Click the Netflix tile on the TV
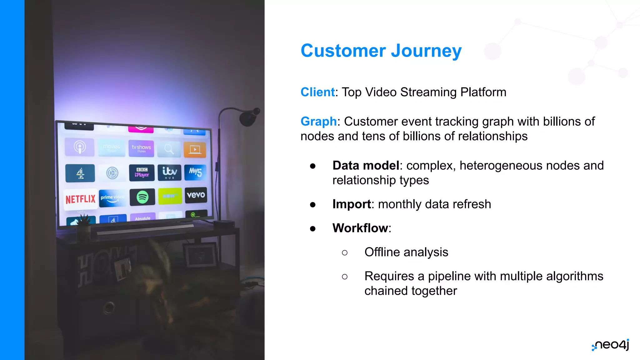(x=80, y=199)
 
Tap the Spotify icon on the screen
(x=142, y=197)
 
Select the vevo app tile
(x=196, y=195)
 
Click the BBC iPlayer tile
(x=142, y=172)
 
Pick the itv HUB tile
(x=169, y=172)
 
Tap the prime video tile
(x=112, y=198)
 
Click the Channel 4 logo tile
(x=80, y=173)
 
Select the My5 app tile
(x=195, y=172)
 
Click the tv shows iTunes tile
(x=141, y=148)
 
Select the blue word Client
(x=317, y=92)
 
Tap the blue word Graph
(x=318, y=122)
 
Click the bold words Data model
(x=366, y=166)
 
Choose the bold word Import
(x=352, y=204)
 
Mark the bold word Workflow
(x=360, y=228)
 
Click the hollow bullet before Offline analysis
(x=345, y=252)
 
